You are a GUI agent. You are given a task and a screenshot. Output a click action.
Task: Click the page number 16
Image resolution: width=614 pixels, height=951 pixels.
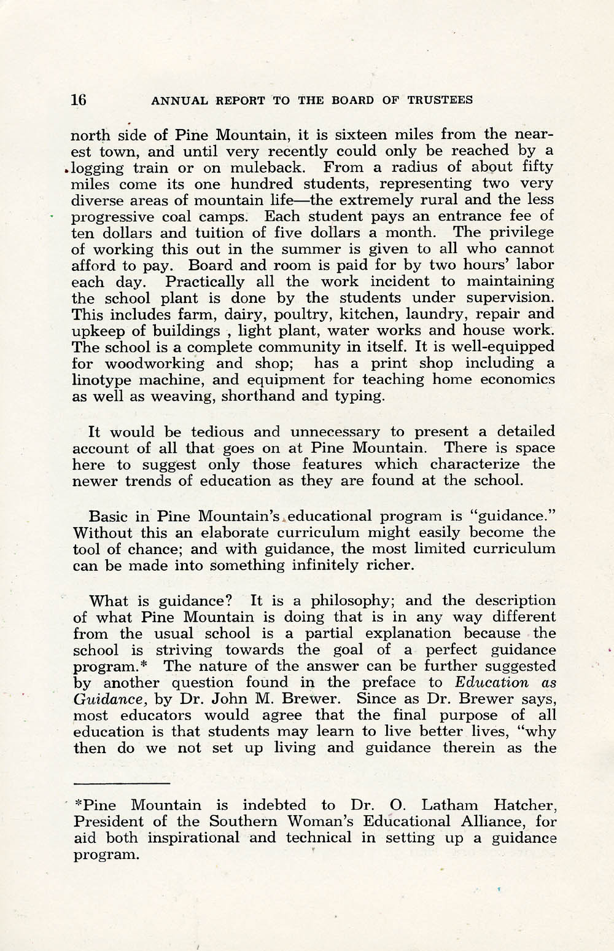pyautogui.click(x=79, y=100)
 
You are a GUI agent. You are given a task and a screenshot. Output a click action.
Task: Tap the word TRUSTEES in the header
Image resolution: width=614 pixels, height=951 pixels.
pyautogui.click(x=440, y=100)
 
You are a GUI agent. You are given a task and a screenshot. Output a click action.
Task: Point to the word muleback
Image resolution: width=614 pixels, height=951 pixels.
pyautogui.click(x=268, y=167)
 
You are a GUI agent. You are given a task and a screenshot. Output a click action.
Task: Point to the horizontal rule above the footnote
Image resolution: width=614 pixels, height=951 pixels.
pyautogui.click(x=121, y=784)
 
